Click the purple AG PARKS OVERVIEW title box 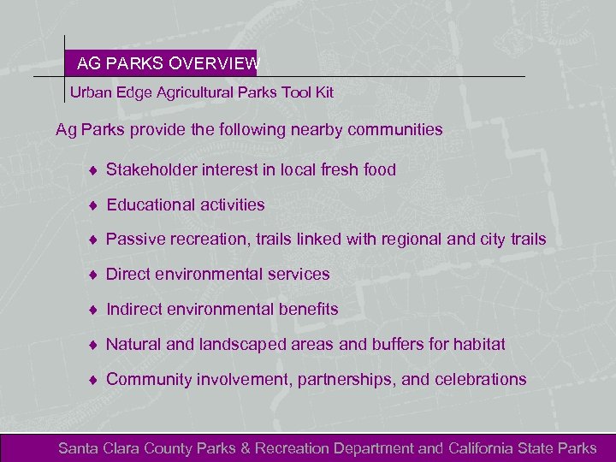(x=161, y=63)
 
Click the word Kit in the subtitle (x=323, y=92)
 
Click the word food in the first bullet (x=379, y=169)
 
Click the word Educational (x=151, y=204)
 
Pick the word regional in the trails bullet (x=406, y=240)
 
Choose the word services (x=298, y=275)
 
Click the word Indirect (x=137, y=309)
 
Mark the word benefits (x=306, y=309)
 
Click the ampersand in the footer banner (x=246, y=448)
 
